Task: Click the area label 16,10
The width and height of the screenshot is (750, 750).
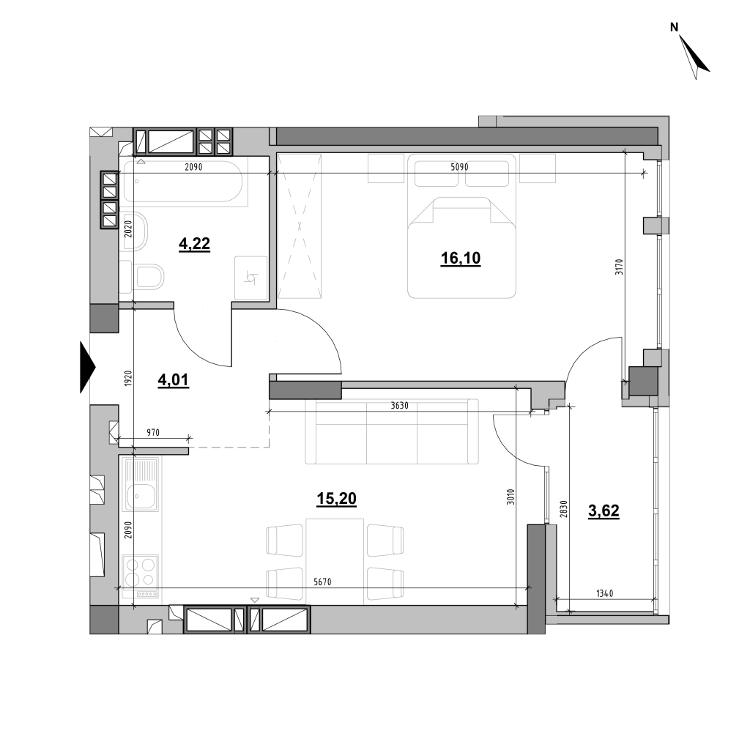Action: click(x=460, y=259)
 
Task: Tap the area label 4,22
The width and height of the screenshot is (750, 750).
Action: click(x=194, y=244)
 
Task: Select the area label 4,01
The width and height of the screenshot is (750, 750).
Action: click(x=173, y=380)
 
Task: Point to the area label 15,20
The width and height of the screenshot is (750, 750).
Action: click(x=336, y=498)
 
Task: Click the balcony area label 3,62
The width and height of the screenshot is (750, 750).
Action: click(x=604, y=510)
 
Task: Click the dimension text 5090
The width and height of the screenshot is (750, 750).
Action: click(x=459, y=167)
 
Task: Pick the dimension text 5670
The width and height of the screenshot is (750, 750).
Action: click(x=322, y=582)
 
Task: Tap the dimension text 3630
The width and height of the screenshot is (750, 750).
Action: click(x=399, y=406)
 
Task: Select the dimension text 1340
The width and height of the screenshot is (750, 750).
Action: click(x=604, y=593)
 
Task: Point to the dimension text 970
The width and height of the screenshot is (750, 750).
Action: click(x=152, y=432)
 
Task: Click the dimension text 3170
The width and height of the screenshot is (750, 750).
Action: click(x=619, y=267)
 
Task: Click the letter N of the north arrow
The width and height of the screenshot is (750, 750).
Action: click(x=675, y=28)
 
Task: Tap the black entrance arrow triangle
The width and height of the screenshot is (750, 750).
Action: click(x=88, y=368)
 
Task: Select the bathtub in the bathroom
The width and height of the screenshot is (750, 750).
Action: click(x=183, y=182)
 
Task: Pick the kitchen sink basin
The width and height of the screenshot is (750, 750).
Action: click(x=141, y=497)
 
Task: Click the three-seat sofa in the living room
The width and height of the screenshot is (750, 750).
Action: click(x=392, y=431)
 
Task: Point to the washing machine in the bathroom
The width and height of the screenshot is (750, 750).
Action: click(x=250, y=278)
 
